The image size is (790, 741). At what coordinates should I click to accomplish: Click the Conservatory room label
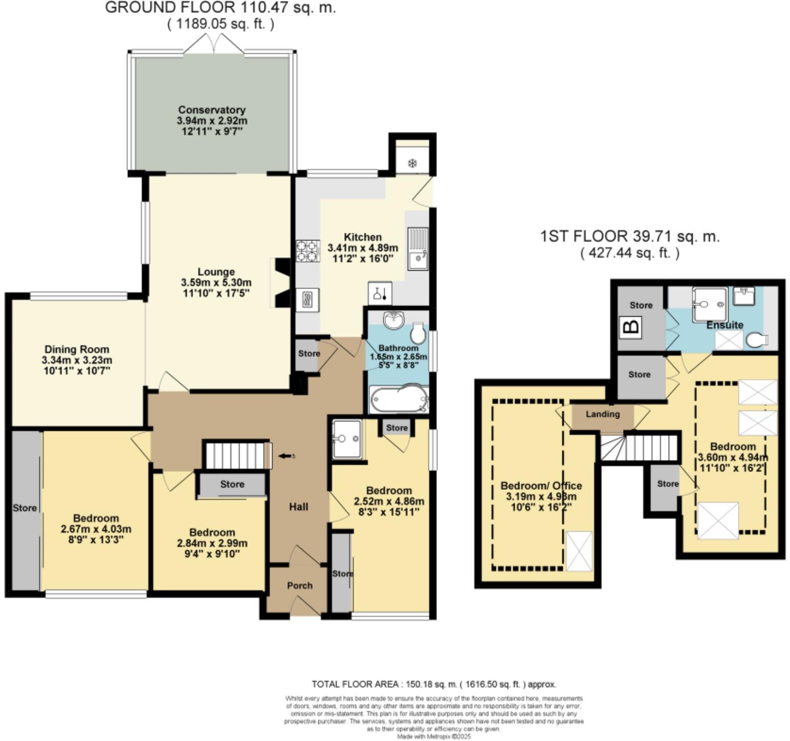[212, 110]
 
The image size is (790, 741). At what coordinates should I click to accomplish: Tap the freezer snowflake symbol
[412, 163]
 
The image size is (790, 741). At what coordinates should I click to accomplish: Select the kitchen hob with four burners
[308, 251]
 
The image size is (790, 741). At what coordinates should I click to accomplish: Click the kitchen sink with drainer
[418, 248]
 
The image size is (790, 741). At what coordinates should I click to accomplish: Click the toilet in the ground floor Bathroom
[418, 333]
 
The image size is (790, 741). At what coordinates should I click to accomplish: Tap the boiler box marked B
[631, 326]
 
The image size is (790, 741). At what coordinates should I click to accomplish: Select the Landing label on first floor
[602, 414]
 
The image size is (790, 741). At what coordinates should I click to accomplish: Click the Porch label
[299, 585]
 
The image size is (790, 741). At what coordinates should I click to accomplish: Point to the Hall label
[298, 507]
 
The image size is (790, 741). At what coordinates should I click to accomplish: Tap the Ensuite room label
[725, 325]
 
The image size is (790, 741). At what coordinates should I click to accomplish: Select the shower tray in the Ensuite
[709, 305]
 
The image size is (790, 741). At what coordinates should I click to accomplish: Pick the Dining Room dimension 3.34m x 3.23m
[77, 360]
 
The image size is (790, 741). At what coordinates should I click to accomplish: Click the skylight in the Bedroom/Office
[579, 551]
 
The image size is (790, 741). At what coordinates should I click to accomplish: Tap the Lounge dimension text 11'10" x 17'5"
[216, 293]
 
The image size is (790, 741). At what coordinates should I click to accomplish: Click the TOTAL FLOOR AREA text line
[433, 684]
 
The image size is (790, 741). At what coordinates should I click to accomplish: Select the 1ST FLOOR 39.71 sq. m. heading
[629, 236]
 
